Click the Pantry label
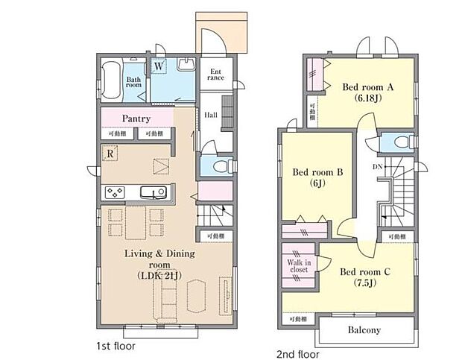pyautogui.click(x=136, y=119)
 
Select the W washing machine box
pyautogui.click(x=159, y=66)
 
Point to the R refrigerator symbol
pyautogui.click(x=110, y=154)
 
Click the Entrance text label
pyautogui.click(x=215, y=74)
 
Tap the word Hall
pyautogui.click(x=212, y=116)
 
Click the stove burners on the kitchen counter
pyautogui.click(x=116, y=192)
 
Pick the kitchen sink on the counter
pyautogui.click(x=158, y=193)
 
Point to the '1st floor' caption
pyautogui.click(x=115, y=346)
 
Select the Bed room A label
pyautogui.click(x=367, y=86)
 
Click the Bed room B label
pyautogui.click(x=317, y=172)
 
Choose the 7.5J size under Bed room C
pyautogui.click(x=366, y=283)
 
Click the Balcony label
pyautogui.click(x=364, y=329)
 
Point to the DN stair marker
pyautogui.click(x=379, y=167)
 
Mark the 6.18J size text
pyautogui.click(x=367, y=98)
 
